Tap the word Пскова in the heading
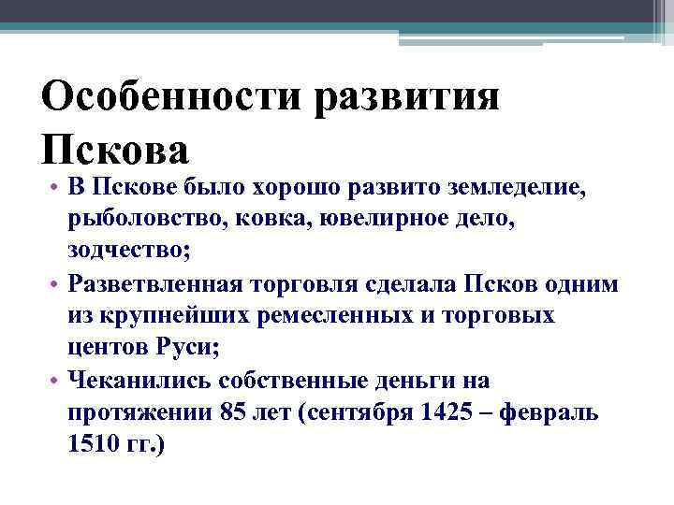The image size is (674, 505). (116, 148)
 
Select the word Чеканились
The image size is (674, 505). (141, 380)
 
